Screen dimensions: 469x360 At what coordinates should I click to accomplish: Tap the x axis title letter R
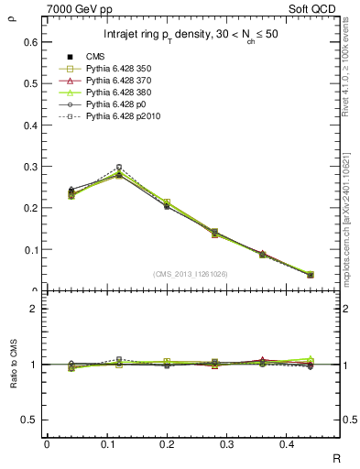click(336, 457)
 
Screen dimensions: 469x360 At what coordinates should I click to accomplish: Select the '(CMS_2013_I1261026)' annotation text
click(191, 273)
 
